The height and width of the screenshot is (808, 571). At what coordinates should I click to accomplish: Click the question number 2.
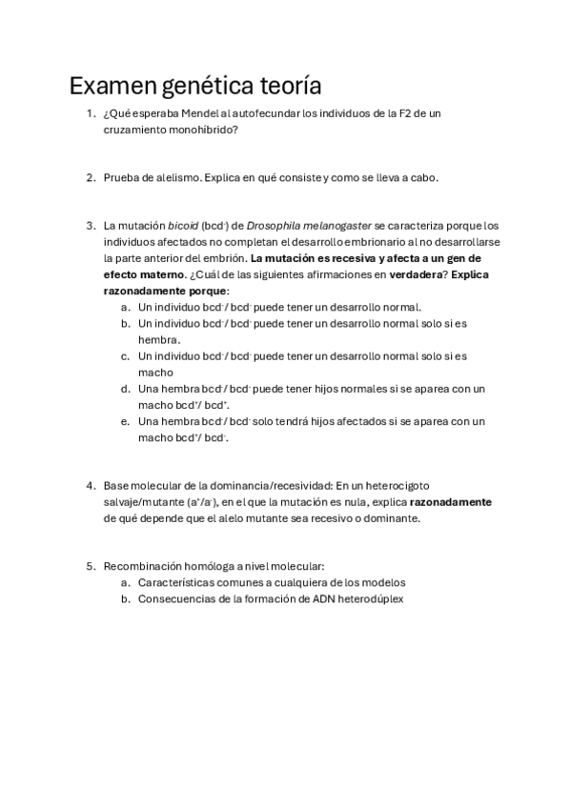[90, 177]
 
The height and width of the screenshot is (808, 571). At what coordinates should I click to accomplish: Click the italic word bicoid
[182, 226]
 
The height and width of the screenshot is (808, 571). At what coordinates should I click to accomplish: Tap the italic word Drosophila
[274, 226]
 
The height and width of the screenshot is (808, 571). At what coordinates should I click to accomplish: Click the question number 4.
[90, 485]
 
